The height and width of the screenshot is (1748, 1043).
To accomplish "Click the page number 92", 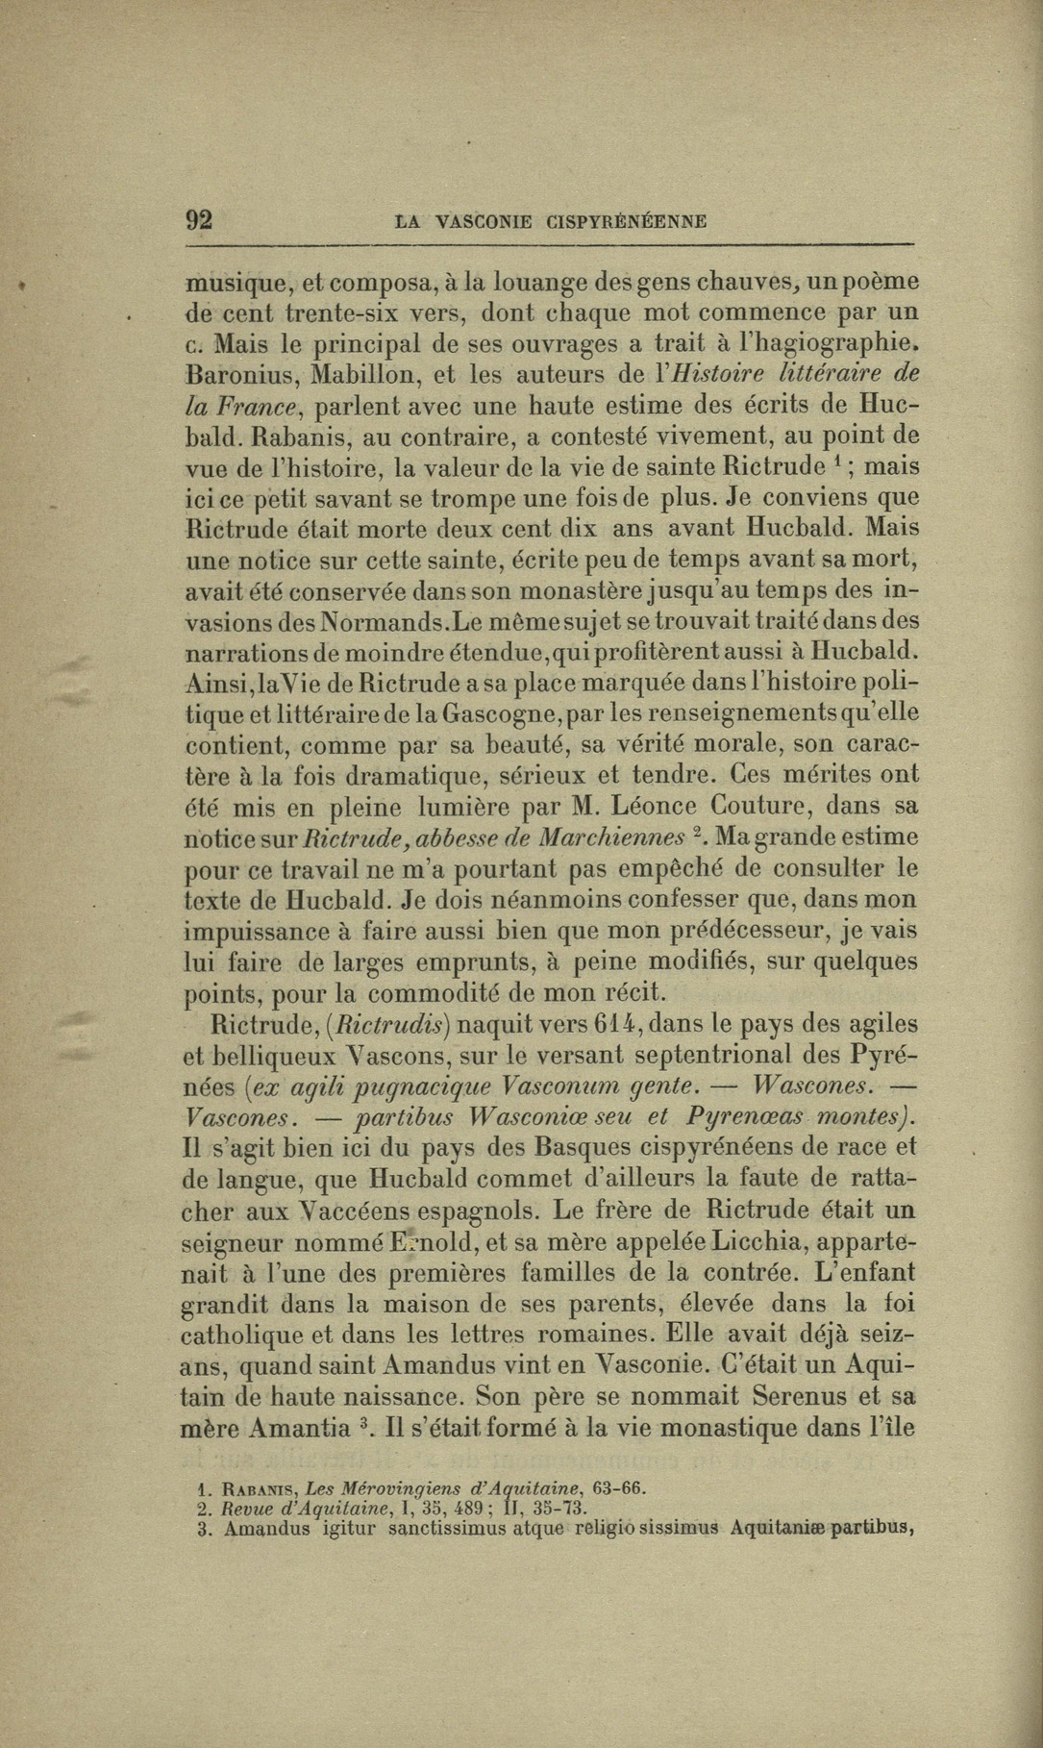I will pos(199,220).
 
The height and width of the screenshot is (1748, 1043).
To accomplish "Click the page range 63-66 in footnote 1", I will pos(620,1487).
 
